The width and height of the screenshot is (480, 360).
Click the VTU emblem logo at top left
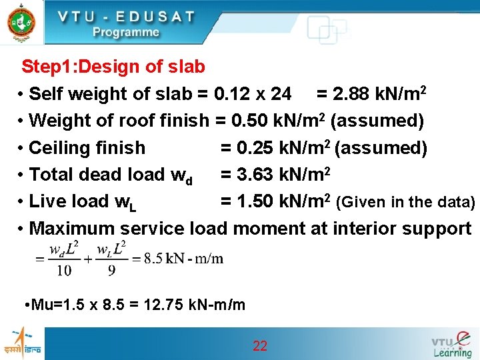[20, 22]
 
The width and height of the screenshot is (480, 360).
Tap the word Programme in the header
[126, 32]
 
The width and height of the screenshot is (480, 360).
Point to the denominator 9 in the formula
[112, 269]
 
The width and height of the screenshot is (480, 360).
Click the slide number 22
[260, 345]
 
